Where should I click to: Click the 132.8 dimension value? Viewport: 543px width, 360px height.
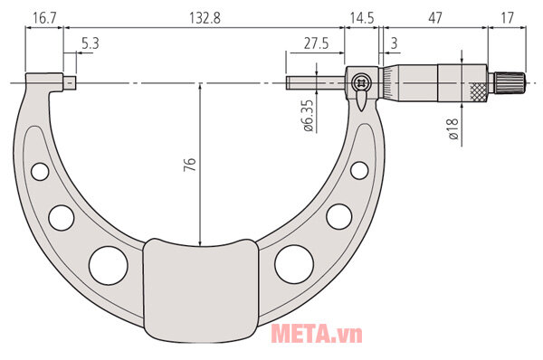[205, 18]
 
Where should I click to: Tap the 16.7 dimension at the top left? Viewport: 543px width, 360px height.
[44, 18]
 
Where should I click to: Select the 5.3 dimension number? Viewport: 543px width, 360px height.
[90, 43]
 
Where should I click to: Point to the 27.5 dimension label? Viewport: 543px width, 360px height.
[316, 43]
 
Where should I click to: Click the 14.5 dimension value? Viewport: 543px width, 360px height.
[362, 18]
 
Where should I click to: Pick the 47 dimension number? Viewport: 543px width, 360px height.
[435, 18]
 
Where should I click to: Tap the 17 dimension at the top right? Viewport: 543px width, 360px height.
[508, 18]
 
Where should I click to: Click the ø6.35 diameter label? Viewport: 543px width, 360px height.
[308, 116]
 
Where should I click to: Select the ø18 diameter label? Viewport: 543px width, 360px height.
[453, 129]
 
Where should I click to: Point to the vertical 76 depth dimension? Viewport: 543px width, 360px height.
[189, 165]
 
